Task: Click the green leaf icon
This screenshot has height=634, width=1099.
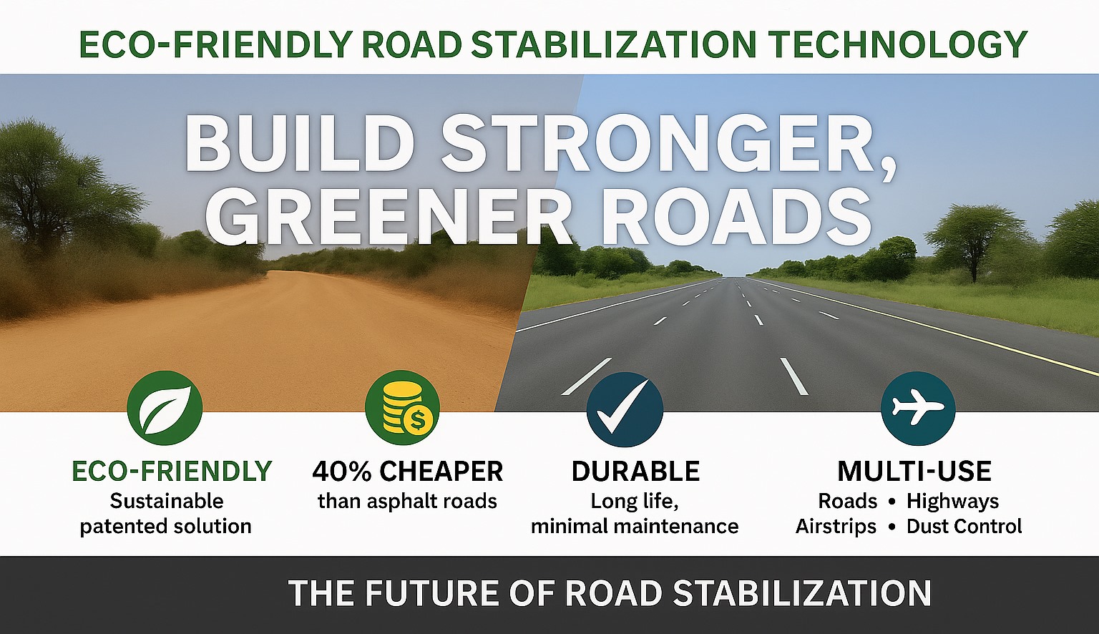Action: (165, 407)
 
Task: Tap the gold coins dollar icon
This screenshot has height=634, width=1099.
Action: (402, 407)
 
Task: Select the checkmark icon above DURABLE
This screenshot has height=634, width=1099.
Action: (625, 409)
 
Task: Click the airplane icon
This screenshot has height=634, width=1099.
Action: (918, 409)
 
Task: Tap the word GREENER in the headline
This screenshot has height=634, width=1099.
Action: (389, 217)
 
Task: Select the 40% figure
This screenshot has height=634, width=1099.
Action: (341, 471)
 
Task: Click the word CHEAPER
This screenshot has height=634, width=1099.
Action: (441, 471)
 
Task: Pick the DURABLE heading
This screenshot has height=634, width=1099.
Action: (635, 471)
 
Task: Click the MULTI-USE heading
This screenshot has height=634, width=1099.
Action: (914, 471)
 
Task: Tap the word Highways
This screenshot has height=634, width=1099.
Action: (953, 502)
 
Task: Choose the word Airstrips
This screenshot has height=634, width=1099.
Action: (836, 527)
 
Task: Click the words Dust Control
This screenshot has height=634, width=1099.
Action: (964, 527)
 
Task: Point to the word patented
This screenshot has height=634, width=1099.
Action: (122, 527)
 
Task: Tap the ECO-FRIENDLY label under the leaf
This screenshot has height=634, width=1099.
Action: (172, 471)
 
